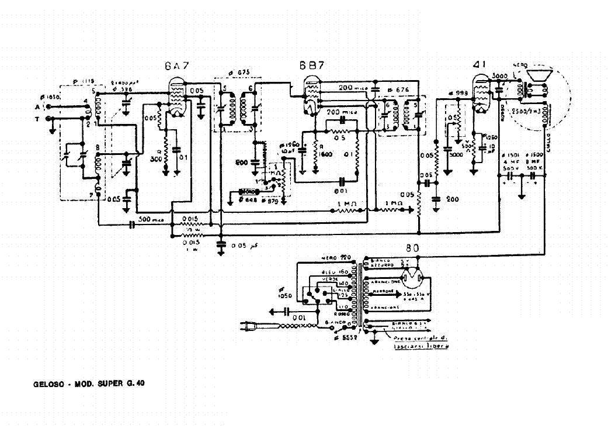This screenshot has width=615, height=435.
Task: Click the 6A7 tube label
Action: [176, 67]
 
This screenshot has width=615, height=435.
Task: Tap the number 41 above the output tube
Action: [482, 65]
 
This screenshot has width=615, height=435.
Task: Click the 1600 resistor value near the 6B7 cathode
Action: [325, 154]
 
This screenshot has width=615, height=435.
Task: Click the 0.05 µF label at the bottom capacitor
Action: [243, 246]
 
